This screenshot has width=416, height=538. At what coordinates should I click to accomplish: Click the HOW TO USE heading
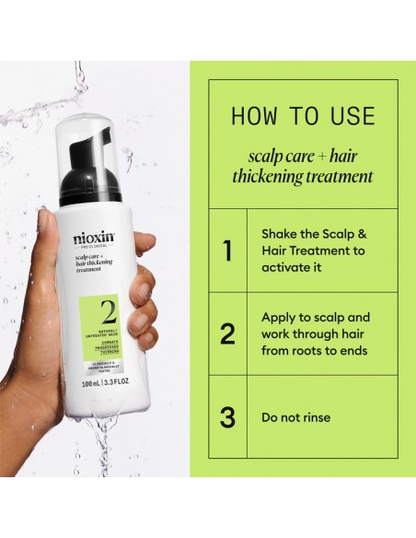(x=303, y=116)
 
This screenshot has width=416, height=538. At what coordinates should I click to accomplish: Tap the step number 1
(x=226, y=251)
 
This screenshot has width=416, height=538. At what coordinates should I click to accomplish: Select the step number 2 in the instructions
(x=226, y=334)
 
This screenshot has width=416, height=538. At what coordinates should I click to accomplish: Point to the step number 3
(x=226, y=417)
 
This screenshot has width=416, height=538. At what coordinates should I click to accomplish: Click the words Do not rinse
(x=296, y=417)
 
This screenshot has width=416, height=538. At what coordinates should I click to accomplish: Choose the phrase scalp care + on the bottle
(x=89, y=259)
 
